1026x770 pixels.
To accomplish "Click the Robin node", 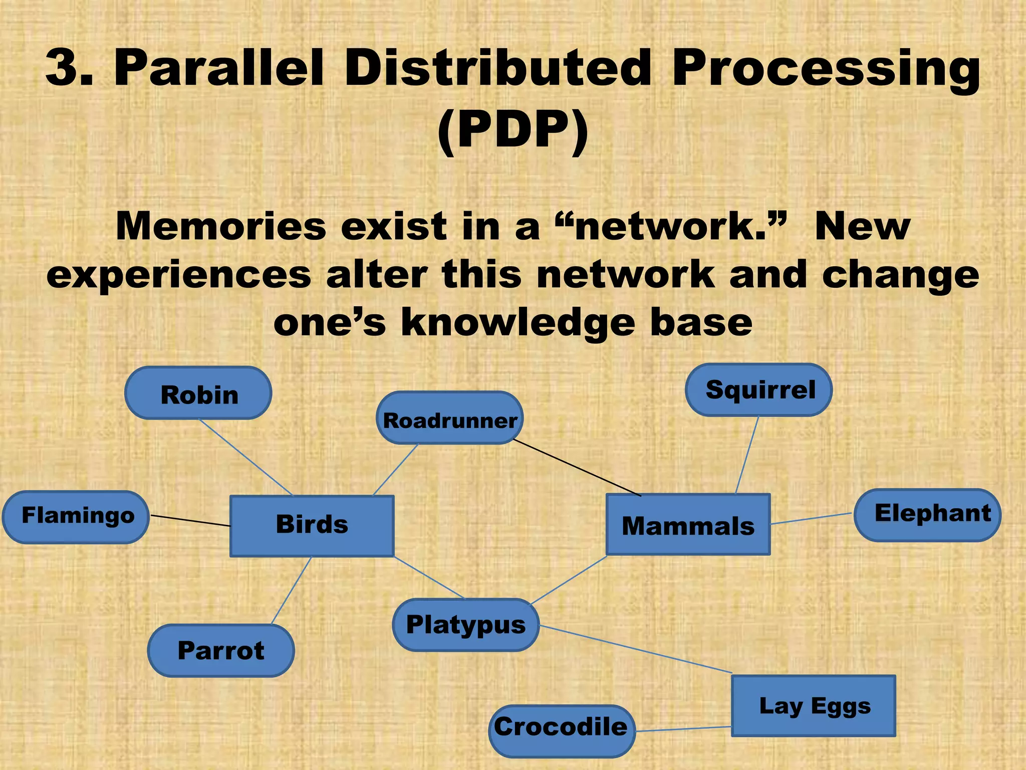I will tap(198, 394).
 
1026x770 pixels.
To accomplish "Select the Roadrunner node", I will tap(449, 419).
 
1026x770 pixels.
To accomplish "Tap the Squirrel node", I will tap(758, 390).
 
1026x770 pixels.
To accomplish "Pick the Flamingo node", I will tap(76, 517).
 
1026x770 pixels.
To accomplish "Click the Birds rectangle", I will tap(312, 526).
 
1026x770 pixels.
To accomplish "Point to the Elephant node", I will tap(927, 515).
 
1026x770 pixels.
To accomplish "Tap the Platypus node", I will tap(465, 625).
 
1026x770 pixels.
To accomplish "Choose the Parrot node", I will tap(221, 651).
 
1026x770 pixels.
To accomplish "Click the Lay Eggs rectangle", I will tap(814, 706).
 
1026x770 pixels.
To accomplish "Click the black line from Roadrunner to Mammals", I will tap(576, 468).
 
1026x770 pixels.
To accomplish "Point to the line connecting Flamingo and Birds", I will tap(190, 520).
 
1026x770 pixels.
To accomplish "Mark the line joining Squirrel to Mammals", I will tap(747, 455).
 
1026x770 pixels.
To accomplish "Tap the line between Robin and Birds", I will tap(245, 457).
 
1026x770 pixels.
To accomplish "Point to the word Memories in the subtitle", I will tap(221, 226).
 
